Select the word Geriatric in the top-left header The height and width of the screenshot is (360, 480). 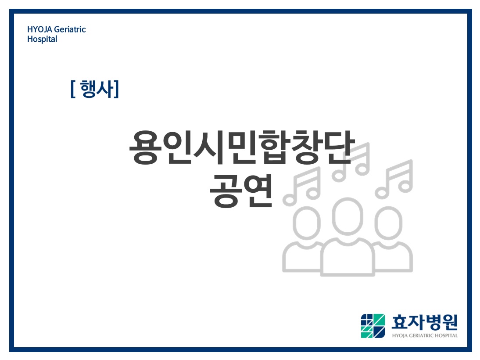coord(70,29)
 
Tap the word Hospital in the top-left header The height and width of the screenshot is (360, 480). coord(42,39)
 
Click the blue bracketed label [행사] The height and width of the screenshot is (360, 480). coord(95,89)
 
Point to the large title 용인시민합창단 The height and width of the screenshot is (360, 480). coord(242,147)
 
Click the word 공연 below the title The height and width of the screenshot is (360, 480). coord(241,191)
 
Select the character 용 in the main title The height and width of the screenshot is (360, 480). coord(145,148)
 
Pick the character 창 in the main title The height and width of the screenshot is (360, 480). coord(306,148)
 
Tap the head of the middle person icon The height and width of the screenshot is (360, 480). coord(347,216)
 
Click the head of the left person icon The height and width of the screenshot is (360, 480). coord(306,223)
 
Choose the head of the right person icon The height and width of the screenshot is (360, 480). coord(388,223)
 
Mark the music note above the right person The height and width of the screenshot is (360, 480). coord(394,179)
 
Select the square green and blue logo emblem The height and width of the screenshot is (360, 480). coord(373,326)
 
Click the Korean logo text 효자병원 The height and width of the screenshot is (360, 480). coord(425,322)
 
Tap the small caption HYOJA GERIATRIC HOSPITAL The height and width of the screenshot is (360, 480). coord(425,335)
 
